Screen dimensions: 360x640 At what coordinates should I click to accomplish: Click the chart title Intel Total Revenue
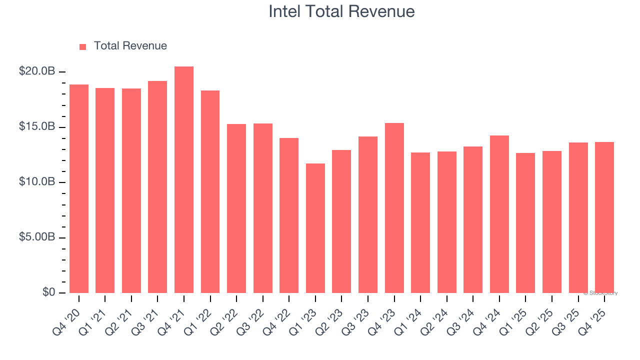341,11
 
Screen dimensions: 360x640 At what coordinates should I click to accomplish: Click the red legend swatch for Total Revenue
83,46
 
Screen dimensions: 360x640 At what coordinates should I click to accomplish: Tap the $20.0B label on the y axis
37,71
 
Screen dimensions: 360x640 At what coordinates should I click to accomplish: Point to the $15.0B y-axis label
37,127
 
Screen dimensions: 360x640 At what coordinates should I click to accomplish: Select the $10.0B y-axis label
37,182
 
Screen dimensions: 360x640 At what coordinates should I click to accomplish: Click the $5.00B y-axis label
37,237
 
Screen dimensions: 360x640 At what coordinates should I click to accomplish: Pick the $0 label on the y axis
48,292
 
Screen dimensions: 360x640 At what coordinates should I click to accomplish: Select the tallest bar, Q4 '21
184,180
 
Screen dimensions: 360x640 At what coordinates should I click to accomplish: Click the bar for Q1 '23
315,228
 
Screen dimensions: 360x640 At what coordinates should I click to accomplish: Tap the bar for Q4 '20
79,188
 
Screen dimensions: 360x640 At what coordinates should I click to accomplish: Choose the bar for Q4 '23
394,207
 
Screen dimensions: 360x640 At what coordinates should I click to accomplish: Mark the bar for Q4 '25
604,217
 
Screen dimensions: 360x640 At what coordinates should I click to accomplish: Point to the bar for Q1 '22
210,191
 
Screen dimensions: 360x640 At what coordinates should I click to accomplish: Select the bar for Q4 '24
499,214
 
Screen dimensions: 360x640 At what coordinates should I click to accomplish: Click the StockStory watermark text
600,293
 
